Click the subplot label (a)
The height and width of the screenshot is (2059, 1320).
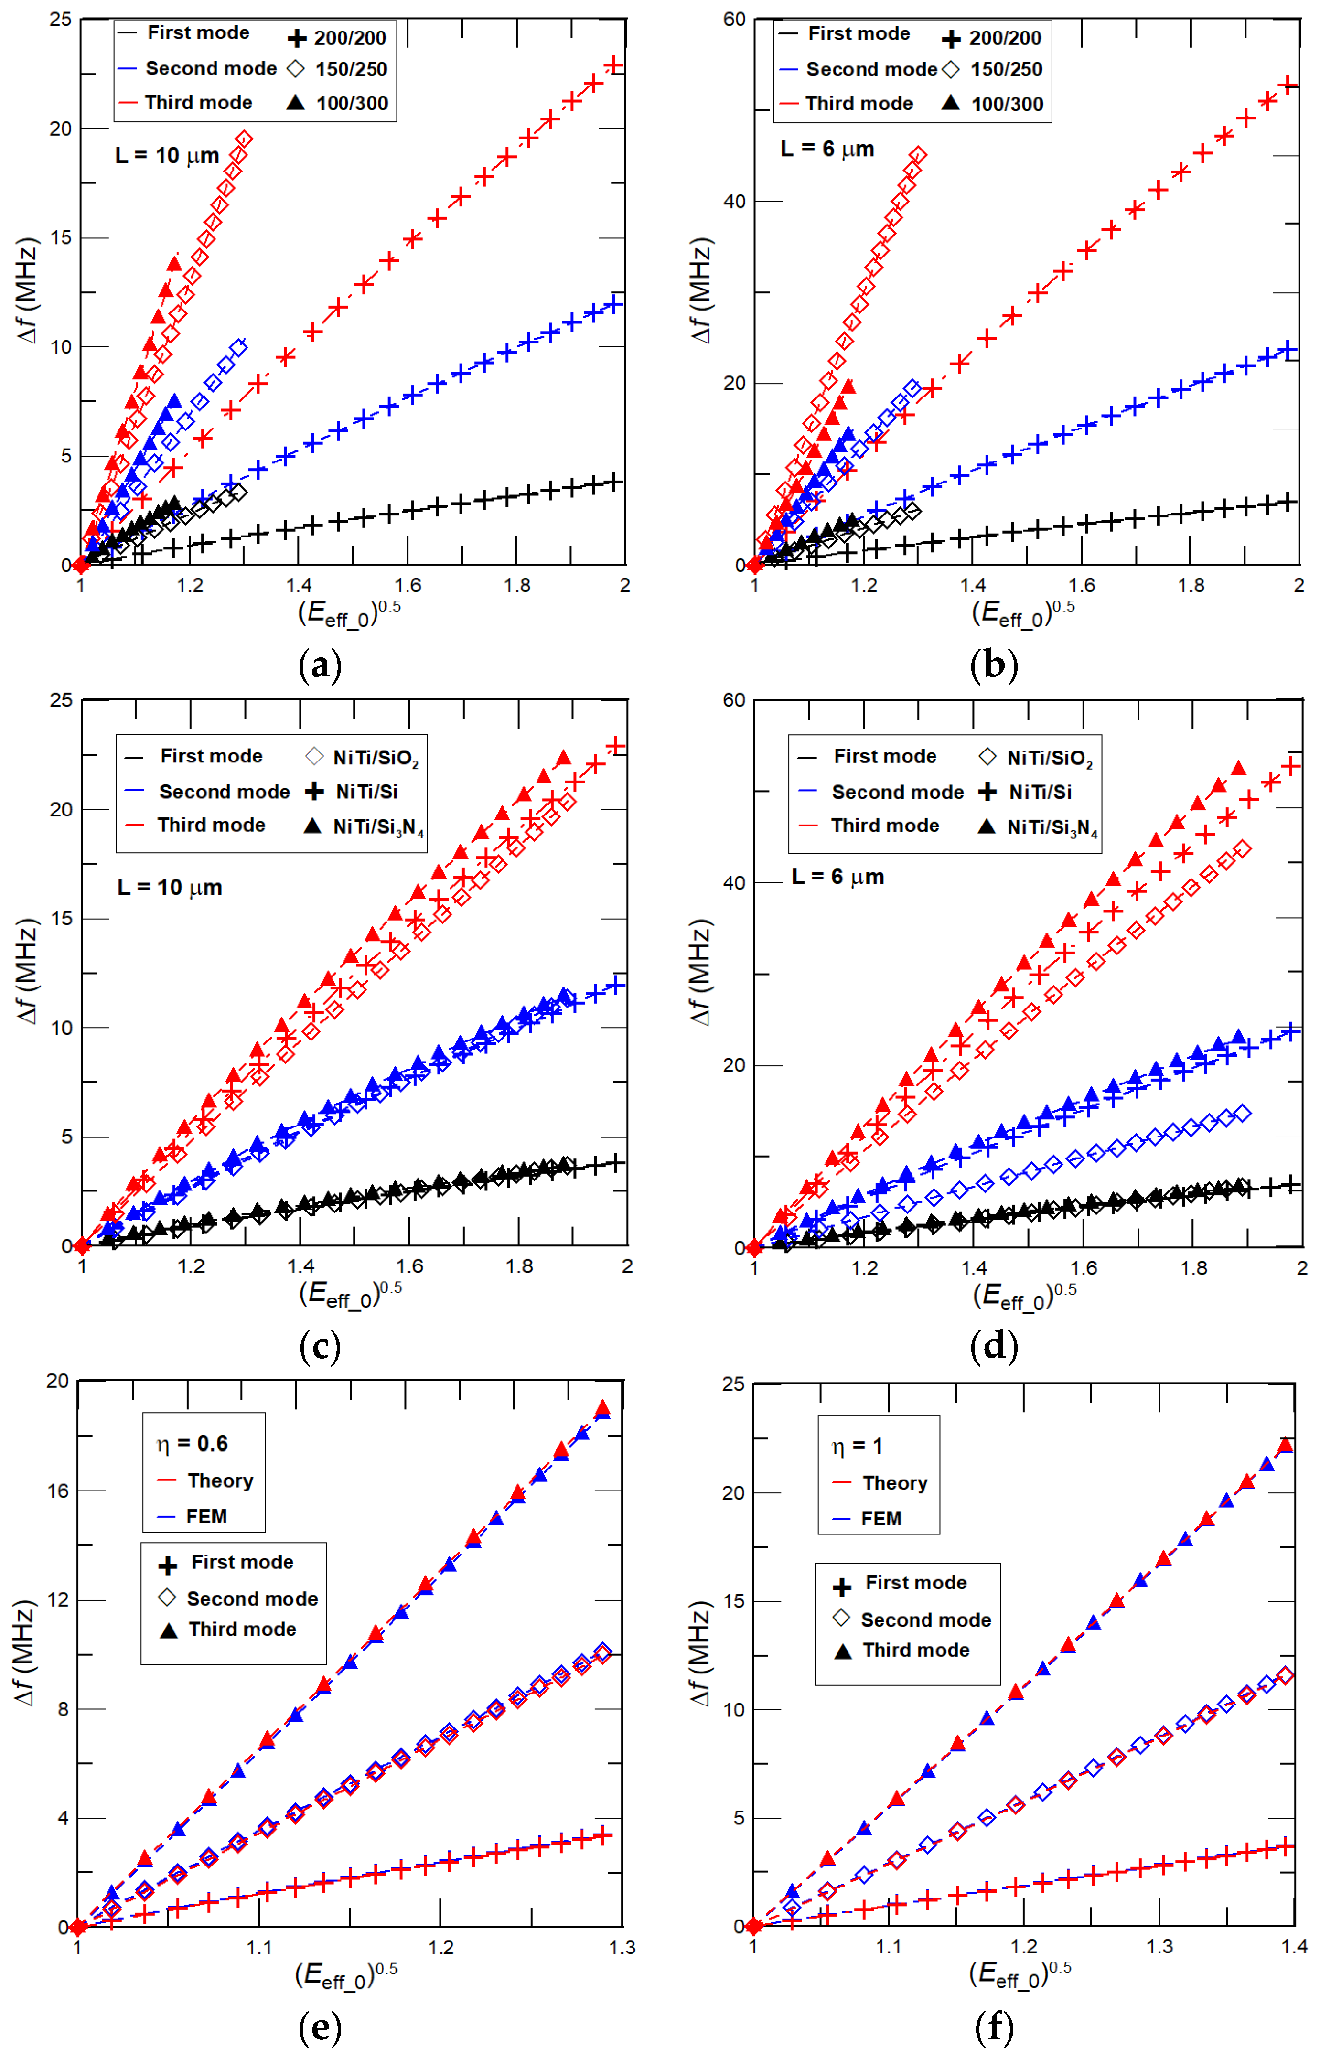coord(320,665)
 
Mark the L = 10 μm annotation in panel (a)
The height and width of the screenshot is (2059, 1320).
coord(167,156)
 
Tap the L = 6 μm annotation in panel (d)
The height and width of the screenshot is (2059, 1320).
coord(837,877)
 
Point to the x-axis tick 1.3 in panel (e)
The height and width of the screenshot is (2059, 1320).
coord(622,1948)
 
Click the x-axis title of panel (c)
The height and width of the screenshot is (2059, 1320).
coord(350,1295)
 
